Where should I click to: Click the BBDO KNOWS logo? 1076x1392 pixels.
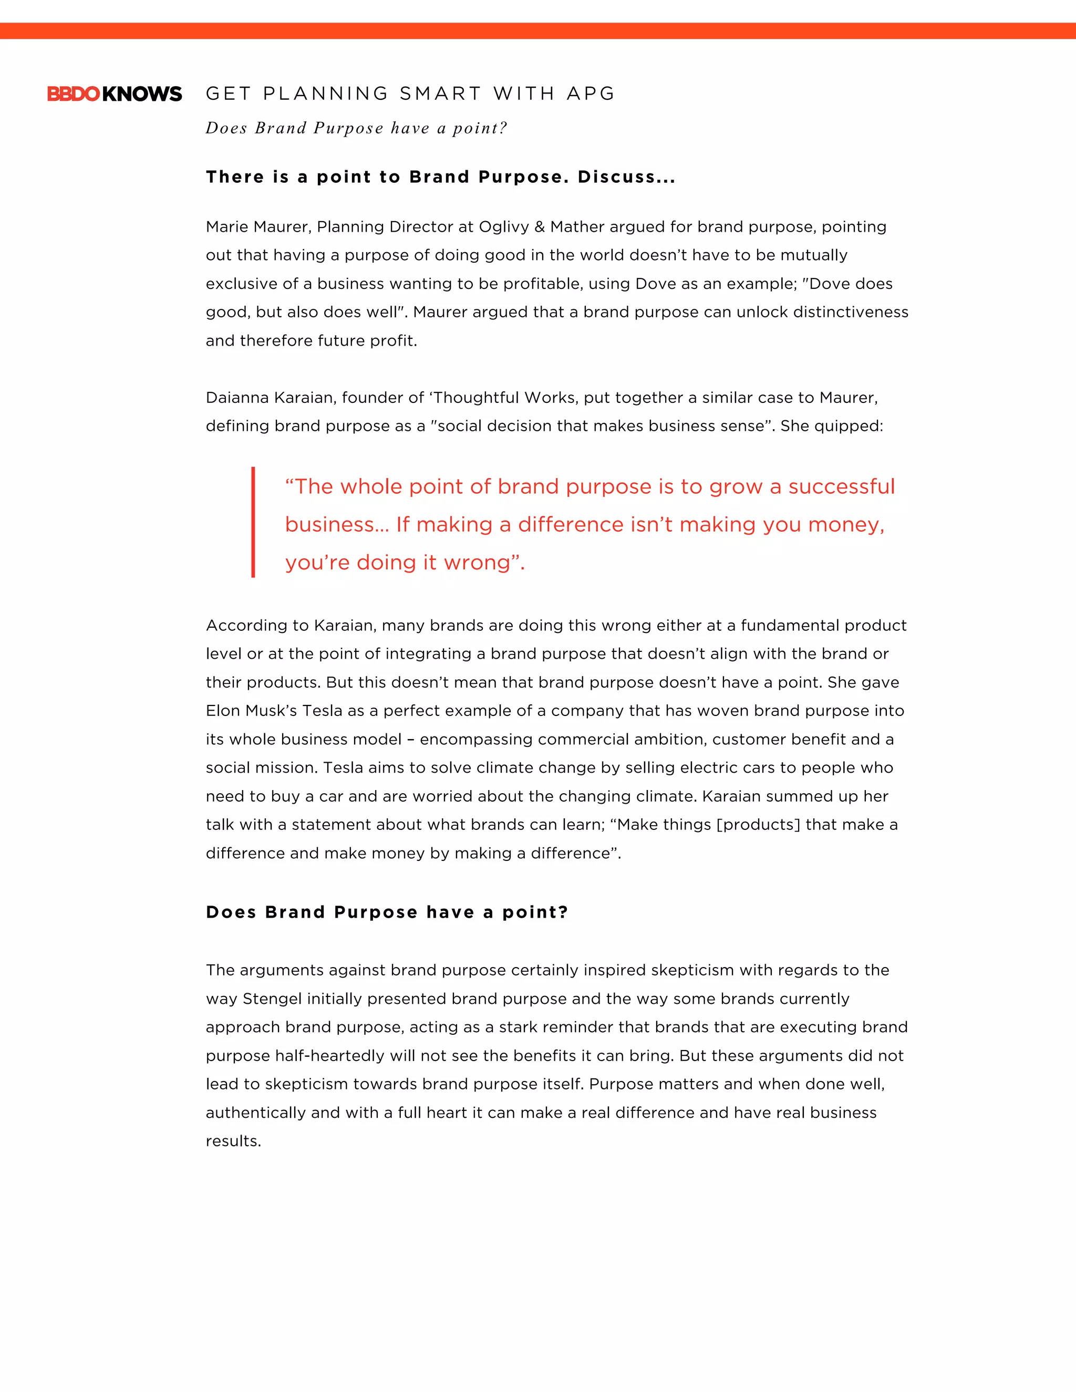coord(115,94)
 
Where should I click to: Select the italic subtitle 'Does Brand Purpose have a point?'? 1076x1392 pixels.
coord(356,128)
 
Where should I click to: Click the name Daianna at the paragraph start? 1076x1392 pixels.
coord(237,398)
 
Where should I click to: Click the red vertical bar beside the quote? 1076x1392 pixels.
coord(253,522)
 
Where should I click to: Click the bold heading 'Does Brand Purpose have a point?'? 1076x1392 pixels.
coord(386,912)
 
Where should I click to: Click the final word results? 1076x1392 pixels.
coord(233,1141)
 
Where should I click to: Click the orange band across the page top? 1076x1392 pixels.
coord(538,30)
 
